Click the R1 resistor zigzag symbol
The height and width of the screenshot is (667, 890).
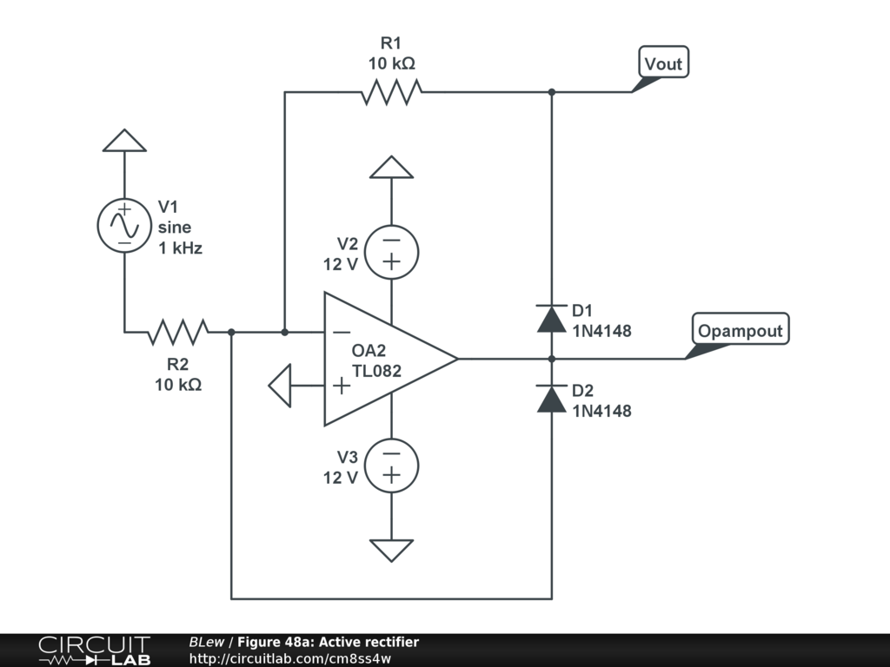(392, 92)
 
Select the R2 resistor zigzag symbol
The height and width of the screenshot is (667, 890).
(178, 332)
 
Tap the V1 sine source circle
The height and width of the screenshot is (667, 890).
(124, 225)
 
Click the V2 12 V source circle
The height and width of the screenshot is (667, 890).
(392, 253)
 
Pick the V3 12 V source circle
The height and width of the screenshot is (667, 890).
(392, 466)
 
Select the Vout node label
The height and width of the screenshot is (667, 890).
(663, 62)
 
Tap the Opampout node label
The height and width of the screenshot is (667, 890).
(741, 329)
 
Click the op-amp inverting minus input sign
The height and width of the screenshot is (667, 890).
(341, 332)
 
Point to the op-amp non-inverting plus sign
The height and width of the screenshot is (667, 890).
(341, 386)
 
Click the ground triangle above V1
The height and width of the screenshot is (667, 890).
(124, 141)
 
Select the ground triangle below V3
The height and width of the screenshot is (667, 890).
(392, 551)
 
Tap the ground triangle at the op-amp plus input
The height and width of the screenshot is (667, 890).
(280, 386)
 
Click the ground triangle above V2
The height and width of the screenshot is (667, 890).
(392, 168)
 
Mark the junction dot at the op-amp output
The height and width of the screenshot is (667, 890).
(551, 359)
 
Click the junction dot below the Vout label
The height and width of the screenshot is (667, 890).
(551, 92)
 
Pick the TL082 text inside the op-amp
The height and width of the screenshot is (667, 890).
(376, 370)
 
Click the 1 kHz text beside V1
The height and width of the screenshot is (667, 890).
(180, 248)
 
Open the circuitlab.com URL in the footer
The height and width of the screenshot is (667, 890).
(290, 658)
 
